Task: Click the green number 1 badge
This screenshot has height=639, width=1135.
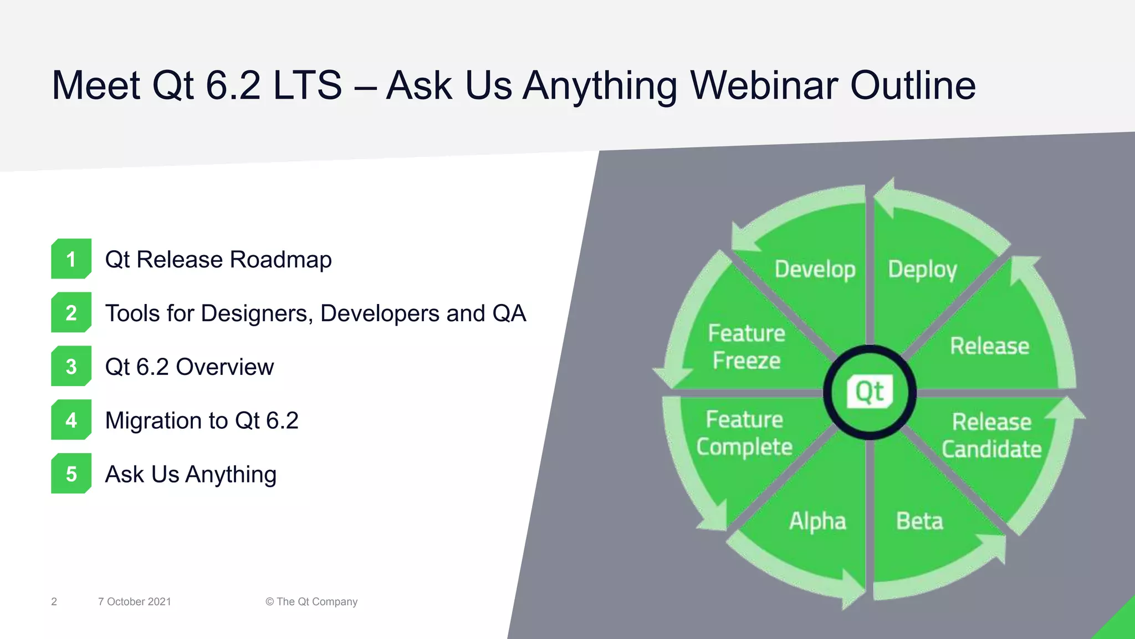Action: pyautogui.click(x=71, y=259)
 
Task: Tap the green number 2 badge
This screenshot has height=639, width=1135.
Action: pyautogui.click(x=71, y=313)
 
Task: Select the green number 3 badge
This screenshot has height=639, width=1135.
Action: pyautogui.click(x=71, y=367)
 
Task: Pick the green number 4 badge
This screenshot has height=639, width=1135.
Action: pyautogui.click(x=71, y=420)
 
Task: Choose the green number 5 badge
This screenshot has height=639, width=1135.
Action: pyautogui.click(x=71, y=474)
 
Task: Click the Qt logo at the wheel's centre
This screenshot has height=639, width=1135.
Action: pyautogui.click(x=870, y=392)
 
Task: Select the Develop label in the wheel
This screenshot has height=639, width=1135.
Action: pyautogui.click(x=815, y=270)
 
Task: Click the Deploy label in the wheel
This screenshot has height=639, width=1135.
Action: pyautogui.click(x=922, y=270)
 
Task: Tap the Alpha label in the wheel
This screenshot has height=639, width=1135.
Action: pyautogui.click(x=817, y=521)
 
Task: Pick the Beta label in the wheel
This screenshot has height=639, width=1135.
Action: pyautogui.click(x=919, y=521)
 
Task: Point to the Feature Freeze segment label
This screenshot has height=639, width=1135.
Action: pyautogui.click(x=747, y=347)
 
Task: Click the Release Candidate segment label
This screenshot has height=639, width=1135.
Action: pyautogui.click(x=991, y=435)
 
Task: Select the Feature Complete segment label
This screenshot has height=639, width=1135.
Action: pyautogui.click(x=744, y=433)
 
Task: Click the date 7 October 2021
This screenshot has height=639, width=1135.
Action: pyautogui.click(x=135, y=602)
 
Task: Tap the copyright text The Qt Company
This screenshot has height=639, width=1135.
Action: pyautogui.click(x=311, y=602)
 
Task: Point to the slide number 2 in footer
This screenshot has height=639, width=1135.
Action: pyautogui.click(x=54, y=602)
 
